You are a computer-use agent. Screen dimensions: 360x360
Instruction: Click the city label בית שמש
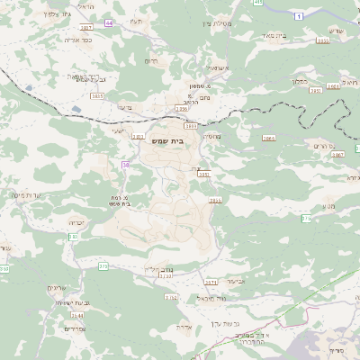point(183,141)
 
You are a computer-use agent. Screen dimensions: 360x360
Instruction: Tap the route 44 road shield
point(109,22)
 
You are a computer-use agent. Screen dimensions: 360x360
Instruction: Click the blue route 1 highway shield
point(298,15)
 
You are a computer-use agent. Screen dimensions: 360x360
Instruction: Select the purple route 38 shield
point(126,165)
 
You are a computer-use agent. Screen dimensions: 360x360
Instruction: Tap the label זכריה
point(76,221)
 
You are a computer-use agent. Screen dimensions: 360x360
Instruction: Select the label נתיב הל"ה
point(157,269)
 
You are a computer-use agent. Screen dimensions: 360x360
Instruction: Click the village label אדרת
point(187,328)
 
